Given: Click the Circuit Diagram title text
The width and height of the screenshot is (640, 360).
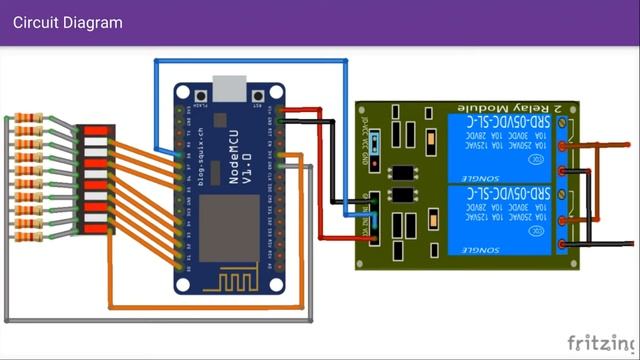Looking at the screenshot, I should pyautogui.click(x=68, y=22).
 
